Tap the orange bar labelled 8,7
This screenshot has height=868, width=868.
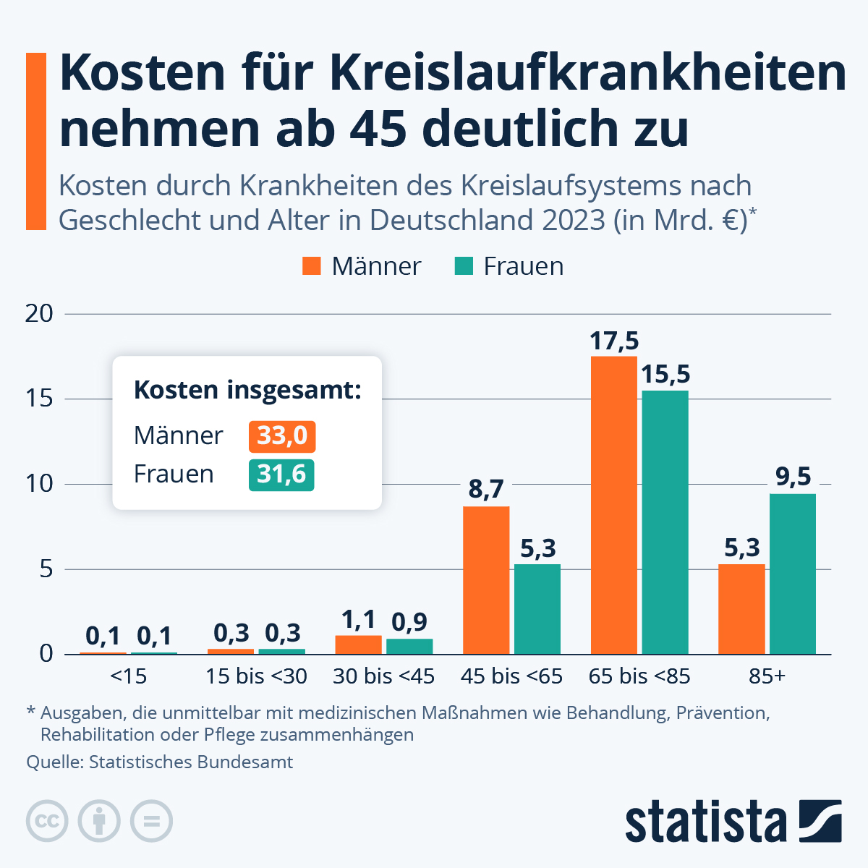pyautogui.click(x=485, y=580)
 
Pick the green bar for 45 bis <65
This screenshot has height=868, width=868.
pyautogui.click(x=537, y=609)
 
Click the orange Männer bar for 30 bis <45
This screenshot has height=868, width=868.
pyautogui.click(x=358, y=644)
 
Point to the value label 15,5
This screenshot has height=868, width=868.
pyautogui.click(x=665, y=375)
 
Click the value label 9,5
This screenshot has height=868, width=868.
pyautogui.click(x=793, y=477)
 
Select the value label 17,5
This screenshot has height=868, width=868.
pyautogui.click(x=614, y=341)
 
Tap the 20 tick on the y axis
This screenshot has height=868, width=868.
pyautogui.click(x=39, y=314)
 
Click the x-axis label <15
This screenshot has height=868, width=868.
pyautogui.click(x=129, y=676)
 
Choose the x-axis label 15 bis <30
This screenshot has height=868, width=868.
pyautogui.click(x=256, y=676)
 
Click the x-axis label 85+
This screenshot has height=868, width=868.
pyautogui.click(x=767, y=676)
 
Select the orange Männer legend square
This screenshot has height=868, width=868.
pyautogui.click(x=312, y=266)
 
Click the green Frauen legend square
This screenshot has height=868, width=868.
pyautogui.click(x=464, y=266)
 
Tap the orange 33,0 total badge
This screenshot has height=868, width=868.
pyautogui.click(x=282, y=436)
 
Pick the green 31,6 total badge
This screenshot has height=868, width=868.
pyautogui.click(x=281, y=475)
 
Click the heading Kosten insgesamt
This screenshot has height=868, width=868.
pyautogui.click(x=247, y=391)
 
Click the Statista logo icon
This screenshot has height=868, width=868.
pyautogui.click(x=820, y=821)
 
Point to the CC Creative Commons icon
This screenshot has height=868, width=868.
pyautogui.click(x=47, y=821)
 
